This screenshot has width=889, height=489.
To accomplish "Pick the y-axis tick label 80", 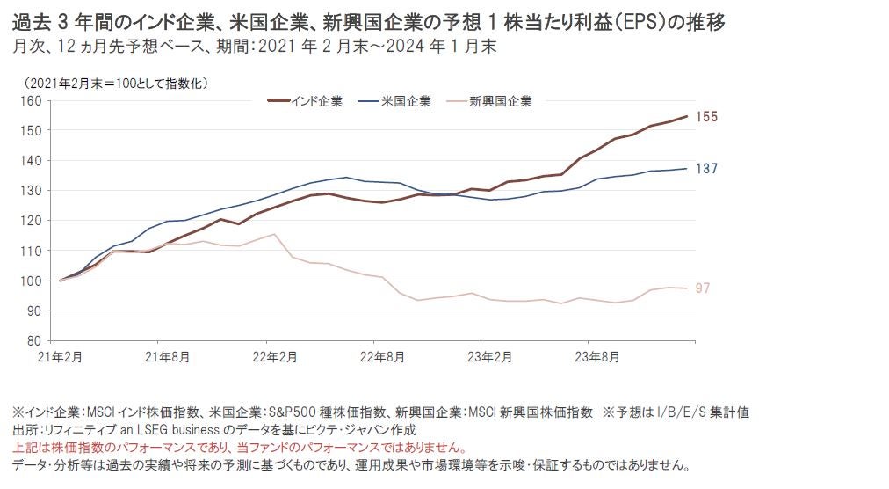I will pyautogui.click(x=35, y=340).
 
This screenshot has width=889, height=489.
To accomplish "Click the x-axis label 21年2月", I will pyautogui.click(x=61, y=357).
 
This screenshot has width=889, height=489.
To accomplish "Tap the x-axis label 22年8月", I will pyautogui.click(x=373, y=357).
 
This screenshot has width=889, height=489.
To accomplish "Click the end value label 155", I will pyautogui.click(x=706, y=117).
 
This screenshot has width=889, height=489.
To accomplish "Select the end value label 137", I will pyautogui.click(x=706, y=168).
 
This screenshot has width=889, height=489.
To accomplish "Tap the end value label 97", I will pyautogui.click(x=702, y=288).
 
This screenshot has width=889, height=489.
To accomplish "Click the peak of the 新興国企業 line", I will pyautogui.click(x=275, y=234).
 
